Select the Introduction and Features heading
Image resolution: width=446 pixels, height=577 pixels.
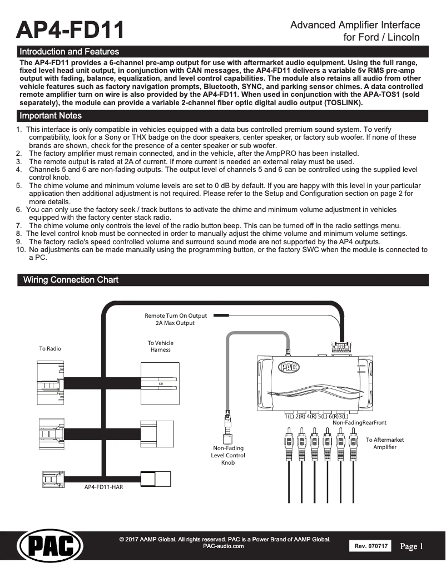pyautogui.click(x=69, y=52)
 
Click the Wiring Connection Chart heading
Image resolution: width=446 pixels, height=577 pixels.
pyautogui.click(x=71, y=280)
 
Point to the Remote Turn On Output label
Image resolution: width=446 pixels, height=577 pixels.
pyautogui.click(x=175, y=319)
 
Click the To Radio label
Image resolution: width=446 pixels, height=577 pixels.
pyautogui.click(x=50, y=348)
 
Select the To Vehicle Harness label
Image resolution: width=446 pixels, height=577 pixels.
pyautogui.click(x=160, y=346)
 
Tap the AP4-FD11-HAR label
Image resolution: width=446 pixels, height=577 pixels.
pyautogui.click(x=103, y=487)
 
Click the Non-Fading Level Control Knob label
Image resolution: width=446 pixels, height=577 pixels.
pyautogui.click(x=228, y=455)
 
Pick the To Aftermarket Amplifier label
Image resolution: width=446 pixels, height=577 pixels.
pyautogui.click(x=385, y=443)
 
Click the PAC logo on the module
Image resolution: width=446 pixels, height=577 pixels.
pyautogui.click(x=289, y=367)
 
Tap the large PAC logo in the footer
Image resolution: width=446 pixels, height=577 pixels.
pyautogui.click(x=50, y=545)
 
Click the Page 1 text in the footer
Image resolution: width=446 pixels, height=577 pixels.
pyautogui.click(x=412, y=546)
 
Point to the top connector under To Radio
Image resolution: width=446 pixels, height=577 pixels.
pyautogui.click(x=51, y=384)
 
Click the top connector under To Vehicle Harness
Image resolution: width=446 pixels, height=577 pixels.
pyautogui.click(x=160, y=384)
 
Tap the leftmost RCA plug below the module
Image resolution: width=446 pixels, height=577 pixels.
pyautogui.click(x=289, y=439)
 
